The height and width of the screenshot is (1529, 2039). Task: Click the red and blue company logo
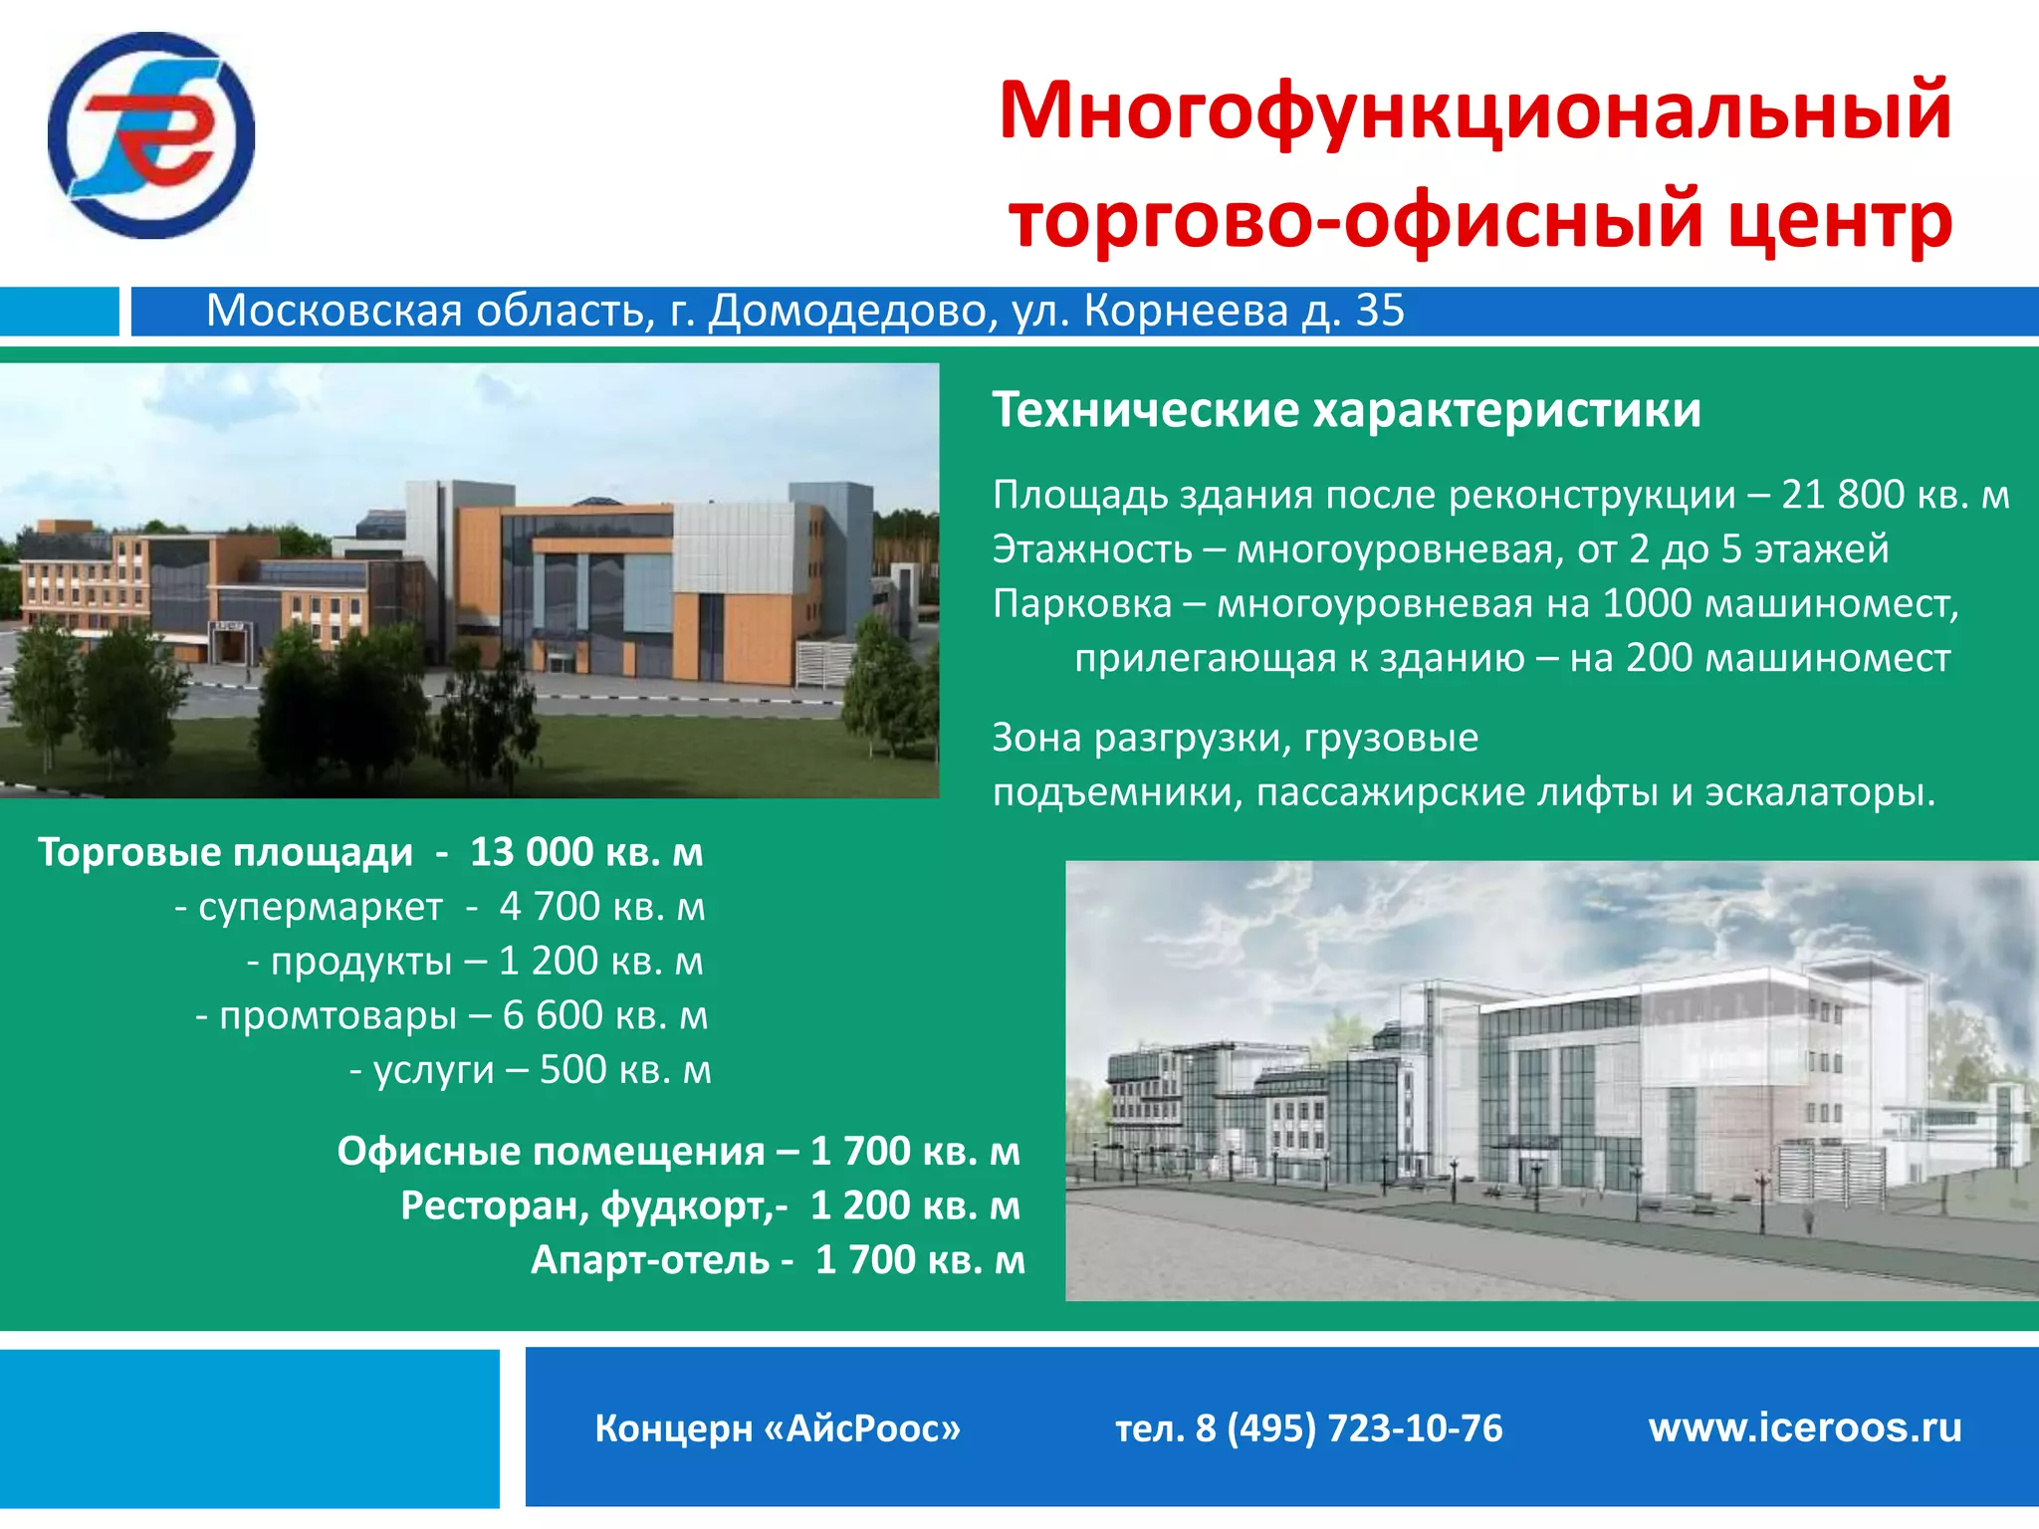tap(151, 135)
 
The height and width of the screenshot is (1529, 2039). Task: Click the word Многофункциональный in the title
tap(1474, 111)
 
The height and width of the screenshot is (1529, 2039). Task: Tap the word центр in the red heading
tap(1839, 220)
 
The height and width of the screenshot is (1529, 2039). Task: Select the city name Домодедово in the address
tap(852, 312)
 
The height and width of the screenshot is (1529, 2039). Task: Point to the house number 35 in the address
tap(1380, 312)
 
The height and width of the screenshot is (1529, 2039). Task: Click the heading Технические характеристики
tap(1346, 410)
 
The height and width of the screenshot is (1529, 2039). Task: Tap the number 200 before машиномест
tap(1659, 658)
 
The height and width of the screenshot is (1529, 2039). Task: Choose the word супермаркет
tap(320, 907)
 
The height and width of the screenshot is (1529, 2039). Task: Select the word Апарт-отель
tap(649, 1260)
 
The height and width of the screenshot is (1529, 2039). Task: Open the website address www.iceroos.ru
tap(1804, 1428)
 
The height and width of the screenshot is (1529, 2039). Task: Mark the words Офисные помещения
tap(551, 1152)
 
